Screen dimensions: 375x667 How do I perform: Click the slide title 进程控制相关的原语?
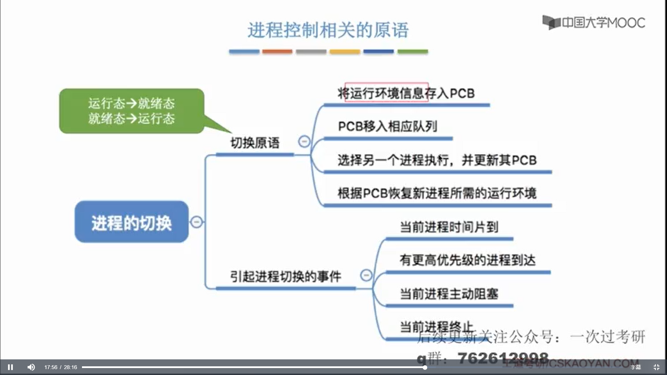[328, 30]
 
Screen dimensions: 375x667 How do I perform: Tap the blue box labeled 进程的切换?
[132, 222]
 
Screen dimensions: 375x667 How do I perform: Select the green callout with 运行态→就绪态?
[132, 111]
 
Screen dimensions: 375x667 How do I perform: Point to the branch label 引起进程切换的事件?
[286, 277]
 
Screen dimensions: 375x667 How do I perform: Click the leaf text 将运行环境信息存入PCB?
[406, 93]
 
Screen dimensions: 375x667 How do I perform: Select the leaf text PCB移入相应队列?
[387, 126]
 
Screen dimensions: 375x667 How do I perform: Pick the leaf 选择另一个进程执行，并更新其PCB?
[437, 160]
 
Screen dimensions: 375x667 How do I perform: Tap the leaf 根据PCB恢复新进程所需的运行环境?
[437, 193]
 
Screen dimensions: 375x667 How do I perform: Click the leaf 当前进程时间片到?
[449, 227]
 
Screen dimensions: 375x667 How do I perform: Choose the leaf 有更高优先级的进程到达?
[468, 260]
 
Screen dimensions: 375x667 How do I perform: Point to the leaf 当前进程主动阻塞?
[449, 294]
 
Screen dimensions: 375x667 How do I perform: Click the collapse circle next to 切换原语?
[304, 141]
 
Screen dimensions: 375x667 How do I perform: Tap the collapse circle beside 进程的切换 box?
[197, 222]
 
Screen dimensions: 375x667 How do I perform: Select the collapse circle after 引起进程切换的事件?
[366, 275]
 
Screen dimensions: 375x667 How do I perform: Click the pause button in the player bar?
[10, 367]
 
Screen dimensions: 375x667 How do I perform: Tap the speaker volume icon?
[31, 367]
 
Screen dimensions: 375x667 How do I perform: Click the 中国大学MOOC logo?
[594, 23]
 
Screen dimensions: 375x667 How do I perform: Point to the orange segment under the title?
[277, 52]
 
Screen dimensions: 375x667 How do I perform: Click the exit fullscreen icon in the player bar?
[657, 367]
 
